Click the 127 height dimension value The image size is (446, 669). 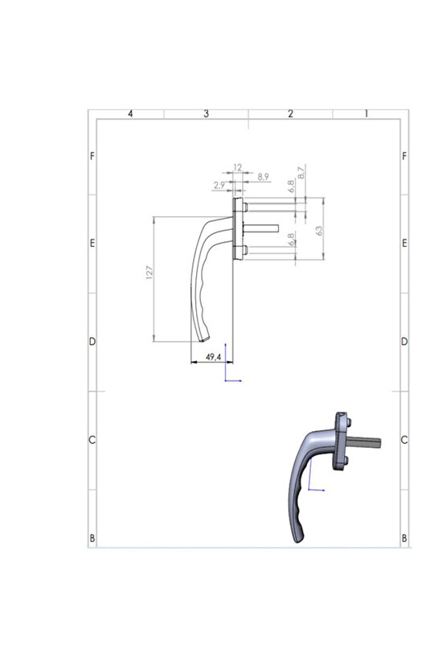click(x=149, y=273)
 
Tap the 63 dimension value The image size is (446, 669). click(x=319, y=229)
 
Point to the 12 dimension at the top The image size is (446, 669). click(x=237, y=167)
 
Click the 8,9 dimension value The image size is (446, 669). click(x=263, y=176)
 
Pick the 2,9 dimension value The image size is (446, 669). click(x=219, y=185)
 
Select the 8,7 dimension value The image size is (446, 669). click(x=301, y=171)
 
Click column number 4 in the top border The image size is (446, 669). click(x=130, y=114)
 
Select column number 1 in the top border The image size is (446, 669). click(x=366, y=114)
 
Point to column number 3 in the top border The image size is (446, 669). click(x=207, y=114)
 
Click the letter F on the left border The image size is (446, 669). click(x=92, y=155)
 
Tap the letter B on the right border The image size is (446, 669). click(x=403, y=537)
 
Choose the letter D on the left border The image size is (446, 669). click(x=92, y=342)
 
